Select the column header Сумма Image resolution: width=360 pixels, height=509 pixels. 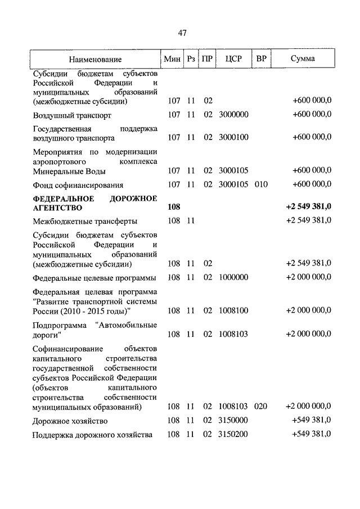[x=303, y=58]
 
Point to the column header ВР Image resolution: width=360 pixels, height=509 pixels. [x=261, y=58]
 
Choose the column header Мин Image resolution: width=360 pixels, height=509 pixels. [x=171, y=58]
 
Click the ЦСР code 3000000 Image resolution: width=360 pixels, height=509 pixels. [x=233, y=115]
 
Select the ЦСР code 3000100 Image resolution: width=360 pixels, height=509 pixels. [x=233, y=137]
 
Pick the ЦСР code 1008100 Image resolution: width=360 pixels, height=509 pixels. [x=233, y=310]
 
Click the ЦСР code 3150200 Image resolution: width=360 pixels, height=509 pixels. [x=233, y=435]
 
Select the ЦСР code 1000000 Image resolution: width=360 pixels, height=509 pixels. [x=233, y=277]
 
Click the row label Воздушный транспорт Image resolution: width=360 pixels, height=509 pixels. [x=72, y=115]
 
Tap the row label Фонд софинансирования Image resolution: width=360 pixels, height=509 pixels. [x=78, y=184]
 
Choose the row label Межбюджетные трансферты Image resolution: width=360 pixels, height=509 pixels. [x=85, y=221]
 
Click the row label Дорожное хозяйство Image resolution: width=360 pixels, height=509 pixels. [x=70, y=421]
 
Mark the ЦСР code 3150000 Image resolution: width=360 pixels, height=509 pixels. [x=233, y=421]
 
